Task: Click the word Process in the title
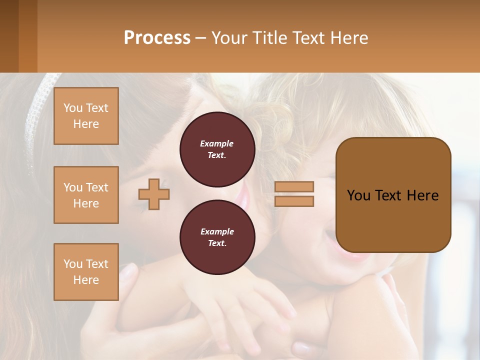click(157, 37)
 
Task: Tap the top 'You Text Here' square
click(86, 116)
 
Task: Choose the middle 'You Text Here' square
click(86, 195)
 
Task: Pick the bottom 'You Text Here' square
click(86, 272)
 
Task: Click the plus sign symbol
click(154, 194)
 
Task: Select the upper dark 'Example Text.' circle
click(217, 149)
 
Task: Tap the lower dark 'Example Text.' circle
click(217, 237)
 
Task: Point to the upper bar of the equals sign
click(294, 187)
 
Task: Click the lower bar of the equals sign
click(294, 201)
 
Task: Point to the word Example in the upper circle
click(217, 143)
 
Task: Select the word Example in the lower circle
click(217, 231)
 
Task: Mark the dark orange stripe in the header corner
click(27, 36)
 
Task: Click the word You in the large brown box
click(358, 195)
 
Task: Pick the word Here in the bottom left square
click(86, 280)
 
